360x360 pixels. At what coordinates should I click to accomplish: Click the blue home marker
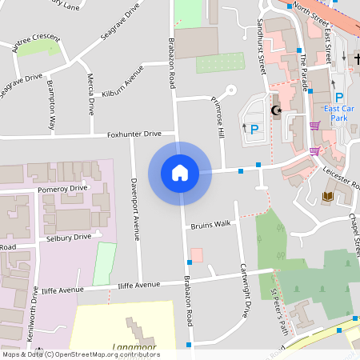pos(180,173)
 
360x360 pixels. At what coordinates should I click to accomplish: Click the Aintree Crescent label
pos(36,43)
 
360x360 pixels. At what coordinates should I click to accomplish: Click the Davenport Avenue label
pos(135,209)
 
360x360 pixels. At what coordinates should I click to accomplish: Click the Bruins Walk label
pos(210,224)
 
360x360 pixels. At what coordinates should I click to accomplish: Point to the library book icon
pos(326,196)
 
